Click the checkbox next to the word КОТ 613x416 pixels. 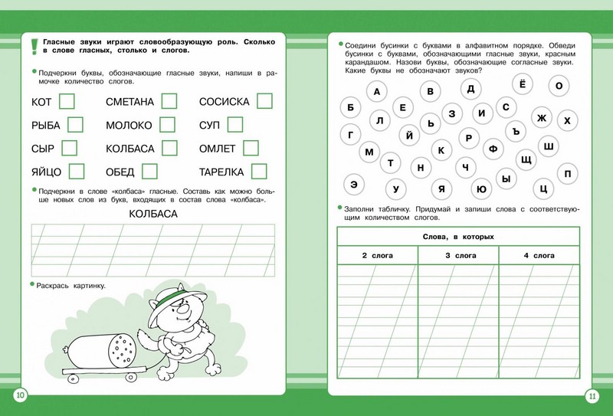(67, 101)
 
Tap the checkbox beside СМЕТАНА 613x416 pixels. (169, 101)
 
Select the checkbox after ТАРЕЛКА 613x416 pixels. (259, 172)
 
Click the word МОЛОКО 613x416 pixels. (129, 125)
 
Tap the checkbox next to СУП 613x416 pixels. (234, 125)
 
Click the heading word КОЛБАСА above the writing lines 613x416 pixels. (153, 214)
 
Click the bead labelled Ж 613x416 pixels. (541, 118)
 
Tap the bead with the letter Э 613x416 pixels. (353, 185)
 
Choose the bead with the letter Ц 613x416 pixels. (543, 188)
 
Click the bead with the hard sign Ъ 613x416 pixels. (516, 132)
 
